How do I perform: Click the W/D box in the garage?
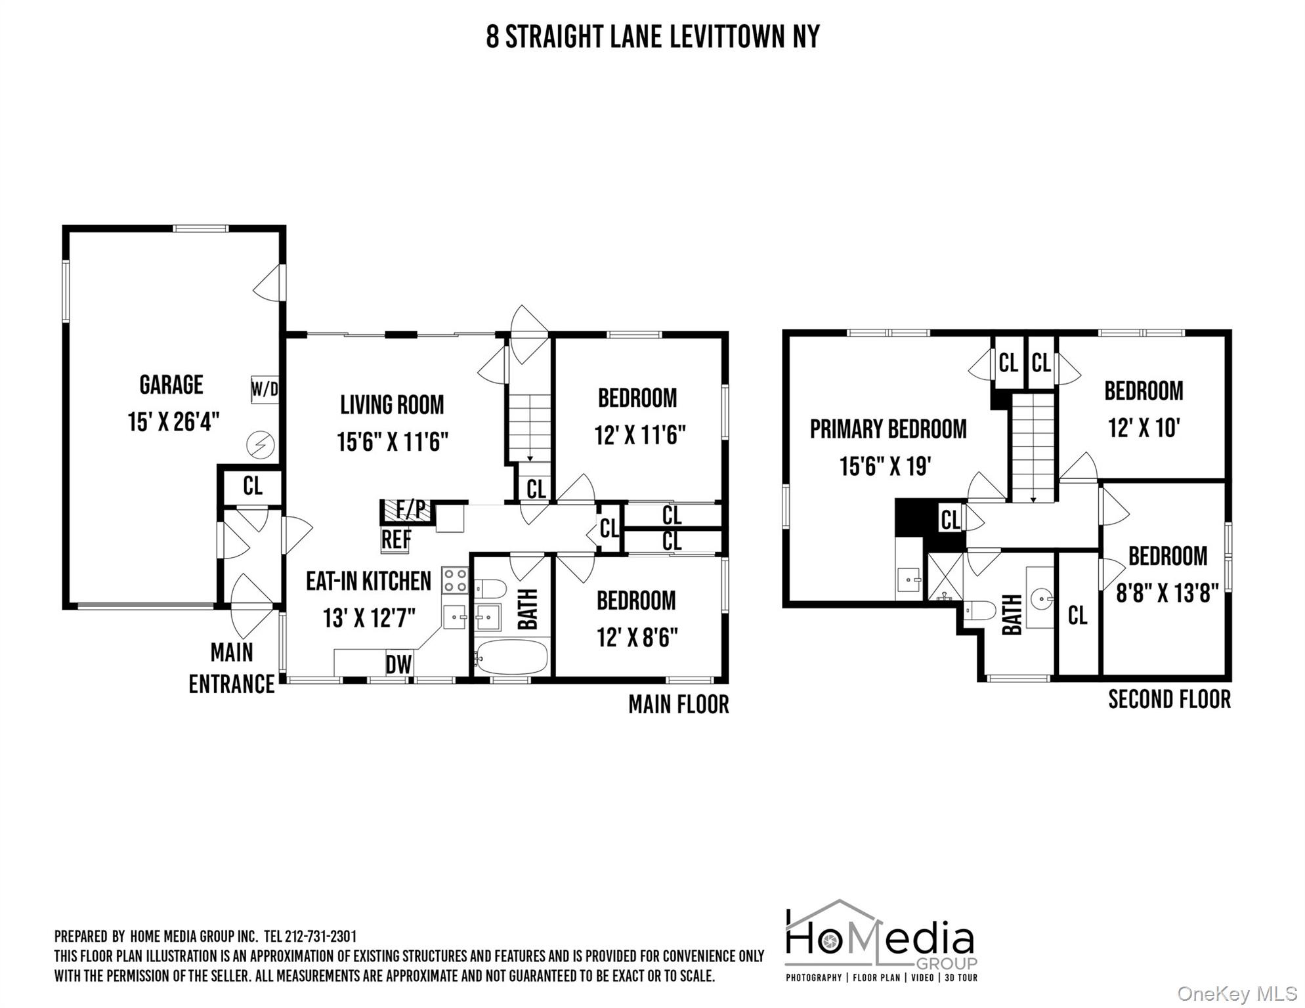[265, 390]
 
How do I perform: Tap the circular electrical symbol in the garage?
[260, 446]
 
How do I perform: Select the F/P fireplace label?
[410, 510]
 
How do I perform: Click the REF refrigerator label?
[396, 540]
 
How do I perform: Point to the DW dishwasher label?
[398, 665]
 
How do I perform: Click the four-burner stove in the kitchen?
[455, 581]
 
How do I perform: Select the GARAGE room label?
[171, 385]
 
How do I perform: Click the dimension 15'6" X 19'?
[886, 467]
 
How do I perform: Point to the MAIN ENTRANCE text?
[232, 668]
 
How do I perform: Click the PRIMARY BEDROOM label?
[888, 429]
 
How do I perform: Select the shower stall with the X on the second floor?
[945, 577]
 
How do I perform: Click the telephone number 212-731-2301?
[321, 936]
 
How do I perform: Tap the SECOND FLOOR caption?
[1169, 700]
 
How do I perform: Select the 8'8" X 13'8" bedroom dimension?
[1167, 594]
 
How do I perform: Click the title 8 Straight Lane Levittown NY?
[652, 37]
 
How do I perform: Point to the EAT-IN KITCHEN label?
[368, 581]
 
